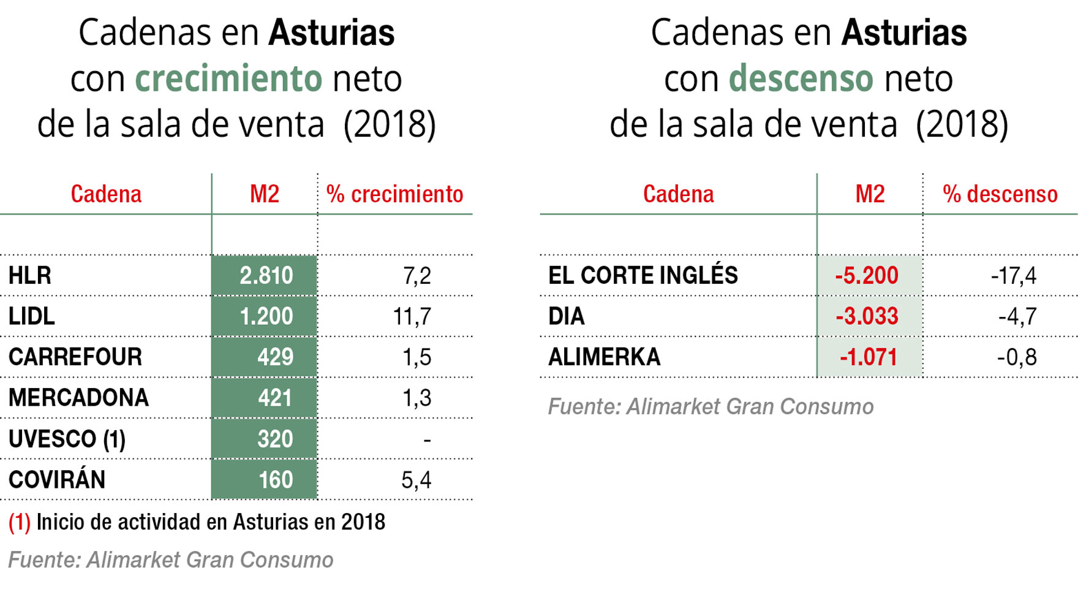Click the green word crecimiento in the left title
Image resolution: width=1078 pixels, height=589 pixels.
(x=228, y=78)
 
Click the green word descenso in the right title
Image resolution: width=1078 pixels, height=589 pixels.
(x=801, y=78)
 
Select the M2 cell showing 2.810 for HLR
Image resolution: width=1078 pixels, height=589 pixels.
(x=266, y=276)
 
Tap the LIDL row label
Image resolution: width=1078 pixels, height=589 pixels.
(x=32, y=316)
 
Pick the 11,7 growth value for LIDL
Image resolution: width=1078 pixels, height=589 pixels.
(x=412, y=316)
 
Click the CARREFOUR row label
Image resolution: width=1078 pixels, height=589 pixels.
(x=75, y=357)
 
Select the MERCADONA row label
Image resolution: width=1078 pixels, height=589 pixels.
(x=78, y=398)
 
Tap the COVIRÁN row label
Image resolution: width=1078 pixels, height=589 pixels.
(x=57, y=479)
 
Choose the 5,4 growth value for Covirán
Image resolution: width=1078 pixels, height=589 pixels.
(x=417, y=479)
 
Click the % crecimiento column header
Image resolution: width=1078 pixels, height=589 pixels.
(x=394, y=194)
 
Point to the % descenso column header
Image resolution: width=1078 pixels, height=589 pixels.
(x=1000, y=194)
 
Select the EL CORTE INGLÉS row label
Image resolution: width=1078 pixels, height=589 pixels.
(x=643, y=276)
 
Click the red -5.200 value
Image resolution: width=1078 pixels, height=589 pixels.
(x=867, y=276)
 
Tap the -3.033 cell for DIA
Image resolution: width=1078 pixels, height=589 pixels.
(x=867, y=316)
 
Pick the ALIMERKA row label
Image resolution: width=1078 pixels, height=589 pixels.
(x=604, y=357)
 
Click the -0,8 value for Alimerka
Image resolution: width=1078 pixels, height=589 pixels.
(x=1017, y=357)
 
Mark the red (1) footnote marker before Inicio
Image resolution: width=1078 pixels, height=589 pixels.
(x=19, y=522)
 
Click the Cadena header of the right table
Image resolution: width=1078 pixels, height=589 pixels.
(x=678, y=194)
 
